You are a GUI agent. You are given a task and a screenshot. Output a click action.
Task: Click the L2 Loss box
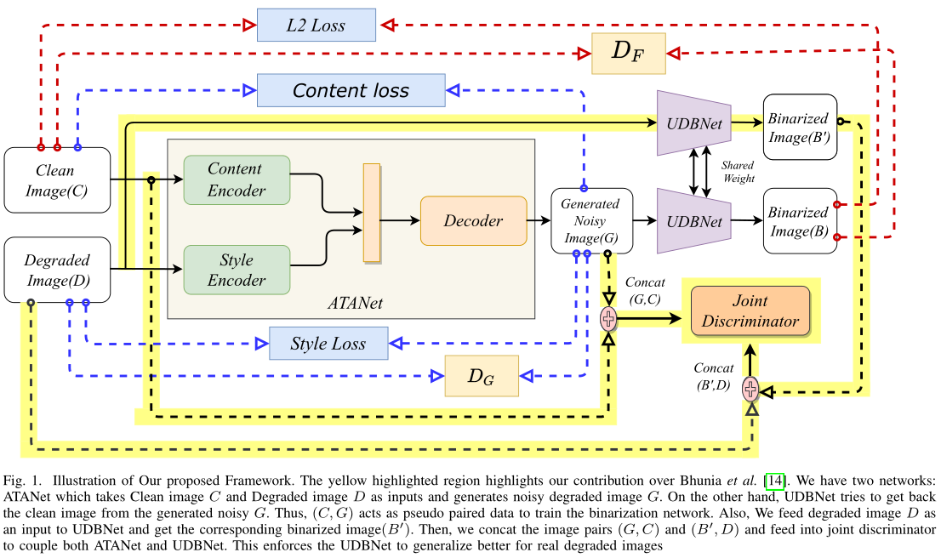click(316, 26)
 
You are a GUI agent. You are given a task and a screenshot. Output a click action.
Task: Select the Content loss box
click(351, 90)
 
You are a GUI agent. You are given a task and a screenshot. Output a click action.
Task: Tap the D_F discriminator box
click(628, 54)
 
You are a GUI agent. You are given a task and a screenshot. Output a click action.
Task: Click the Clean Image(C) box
click(58, 180)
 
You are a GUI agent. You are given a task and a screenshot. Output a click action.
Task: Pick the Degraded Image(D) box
click(58, 270)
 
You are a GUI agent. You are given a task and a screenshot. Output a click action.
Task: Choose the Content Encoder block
click(236, 179)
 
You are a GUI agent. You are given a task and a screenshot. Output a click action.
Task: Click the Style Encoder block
click(236, 269)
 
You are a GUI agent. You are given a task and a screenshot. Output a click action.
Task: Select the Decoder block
click(473, 220)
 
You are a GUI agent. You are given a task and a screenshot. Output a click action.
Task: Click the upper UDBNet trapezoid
click(694, 123)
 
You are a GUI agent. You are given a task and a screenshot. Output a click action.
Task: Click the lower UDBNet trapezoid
click(694, 221)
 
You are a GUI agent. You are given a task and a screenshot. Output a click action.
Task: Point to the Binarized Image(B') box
click(801, 127)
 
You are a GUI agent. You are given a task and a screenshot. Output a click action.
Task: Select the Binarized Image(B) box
click(801, 221)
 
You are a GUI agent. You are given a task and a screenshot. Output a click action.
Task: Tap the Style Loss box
click(328, 344)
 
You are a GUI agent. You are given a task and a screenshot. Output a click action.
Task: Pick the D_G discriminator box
click(481, 376)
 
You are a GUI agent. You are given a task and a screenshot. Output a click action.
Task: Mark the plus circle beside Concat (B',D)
click(750, 389)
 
